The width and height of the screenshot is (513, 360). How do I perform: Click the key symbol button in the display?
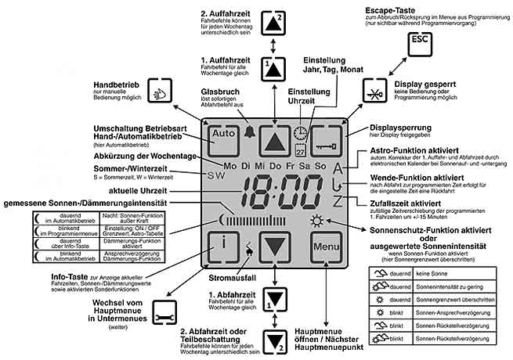327,142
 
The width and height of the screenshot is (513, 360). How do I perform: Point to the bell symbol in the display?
251,133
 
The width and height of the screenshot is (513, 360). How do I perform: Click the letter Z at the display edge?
338,202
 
